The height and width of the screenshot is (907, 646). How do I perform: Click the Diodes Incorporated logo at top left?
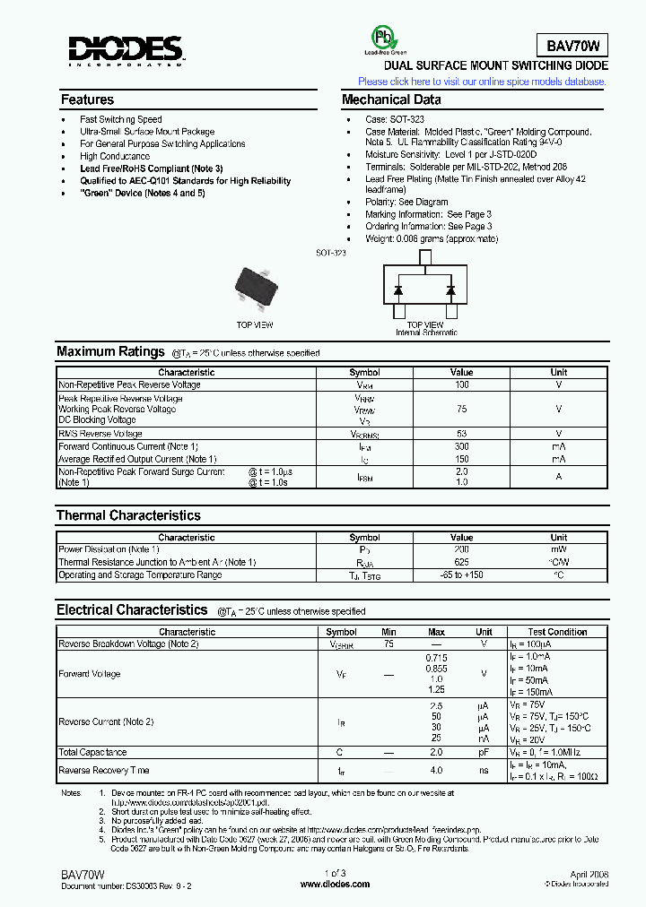(126, 51)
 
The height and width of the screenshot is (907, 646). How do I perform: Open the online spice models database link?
(482, 82)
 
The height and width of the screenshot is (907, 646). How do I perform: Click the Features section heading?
(87, 99)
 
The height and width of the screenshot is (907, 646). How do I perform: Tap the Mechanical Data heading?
(391, 99)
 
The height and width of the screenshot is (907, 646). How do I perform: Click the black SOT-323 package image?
(256, 285)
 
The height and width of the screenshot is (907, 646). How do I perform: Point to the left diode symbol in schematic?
(397, 290)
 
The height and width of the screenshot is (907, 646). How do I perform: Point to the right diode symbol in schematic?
(450, 290)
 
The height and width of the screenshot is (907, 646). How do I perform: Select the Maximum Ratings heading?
(110, 352)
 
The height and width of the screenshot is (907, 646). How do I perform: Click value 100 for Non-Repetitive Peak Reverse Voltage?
(461, 384)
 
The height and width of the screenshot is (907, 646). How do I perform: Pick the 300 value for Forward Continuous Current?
(461, 446)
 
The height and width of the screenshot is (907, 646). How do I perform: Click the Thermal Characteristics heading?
(128, 515)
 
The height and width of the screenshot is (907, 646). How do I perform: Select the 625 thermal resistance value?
(461, 562)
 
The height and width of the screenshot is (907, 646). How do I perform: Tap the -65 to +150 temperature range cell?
(461, 574)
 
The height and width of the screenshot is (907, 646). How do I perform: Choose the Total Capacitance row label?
(92, 752)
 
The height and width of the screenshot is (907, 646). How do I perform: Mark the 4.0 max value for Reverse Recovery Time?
(436, 770)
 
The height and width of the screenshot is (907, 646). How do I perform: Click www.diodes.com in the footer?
(335, 884)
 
